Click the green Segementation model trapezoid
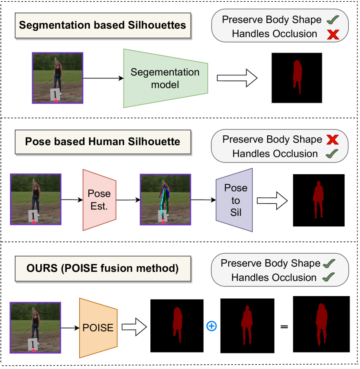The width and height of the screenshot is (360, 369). pos(165,78)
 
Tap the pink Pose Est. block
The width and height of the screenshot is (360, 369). pos(99,199)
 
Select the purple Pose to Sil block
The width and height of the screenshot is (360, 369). pos(235,200)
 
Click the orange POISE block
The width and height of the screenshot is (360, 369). pos(98,328)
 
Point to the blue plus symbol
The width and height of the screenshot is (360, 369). pos(211,326)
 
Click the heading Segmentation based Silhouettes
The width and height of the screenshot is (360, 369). pos(103,24)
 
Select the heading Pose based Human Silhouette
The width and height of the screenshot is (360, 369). pos(103,142)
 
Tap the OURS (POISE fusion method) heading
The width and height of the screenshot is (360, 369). pos(103,268)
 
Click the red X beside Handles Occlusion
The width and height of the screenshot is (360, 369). pos(333,34)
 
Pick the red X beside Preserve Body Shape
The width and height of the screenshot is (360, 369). pos(332,140)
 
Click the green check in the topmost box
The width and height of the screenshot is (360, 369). pos(332,20)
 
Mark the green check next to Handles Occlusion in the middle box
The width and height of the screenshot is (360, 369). pos(332,153)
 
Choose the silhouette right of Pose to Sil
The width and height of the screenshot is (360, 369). pos(318,199)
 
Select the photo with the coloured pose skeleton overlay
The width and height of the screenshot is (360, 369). pos(165,199)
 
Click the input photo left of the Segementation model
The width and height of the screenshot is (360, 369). pos(57,78)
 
